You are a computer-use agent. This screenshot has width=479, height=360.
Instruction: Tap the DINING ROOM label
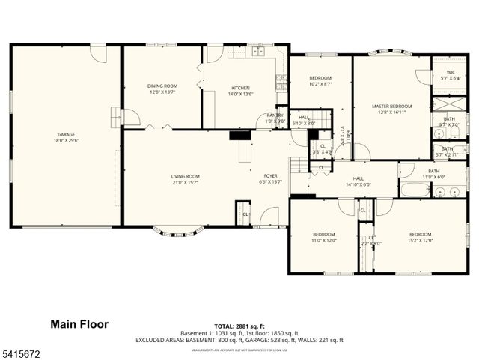[x=162, y=86]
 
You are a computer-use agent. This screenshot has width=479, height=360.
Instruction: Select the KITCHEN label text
[x=240, y=88]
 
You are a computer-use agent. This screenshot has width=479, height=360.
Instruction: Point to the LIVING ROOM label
[x=185, y=177]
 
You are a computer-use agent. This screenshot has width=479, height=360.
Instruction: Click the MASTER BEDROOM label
[x=391, y=106]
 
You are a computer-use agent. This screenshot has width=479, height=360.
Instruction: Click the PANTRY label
[x=275, y=115]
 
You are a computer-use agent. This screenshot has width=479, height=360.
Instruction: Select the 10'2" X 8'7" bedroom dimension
[x=320, y=84]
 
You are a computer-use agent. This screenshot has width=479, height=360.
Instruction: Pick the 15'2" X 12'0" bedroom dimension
[x=420, y=240]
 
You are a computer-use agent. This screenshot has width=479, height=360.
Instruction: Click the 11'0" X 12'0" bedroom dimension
[x=324, y=240]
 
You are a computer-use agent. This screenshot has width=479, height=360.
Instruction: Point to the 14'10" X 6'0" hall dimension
[x=359, y=184]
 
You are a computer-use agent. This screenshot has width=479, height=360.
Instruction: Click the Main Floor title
[x=79, y=324]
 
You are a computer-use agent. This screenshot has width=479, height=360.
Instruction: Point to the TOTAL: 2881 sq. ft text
[x=239, y=324]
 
